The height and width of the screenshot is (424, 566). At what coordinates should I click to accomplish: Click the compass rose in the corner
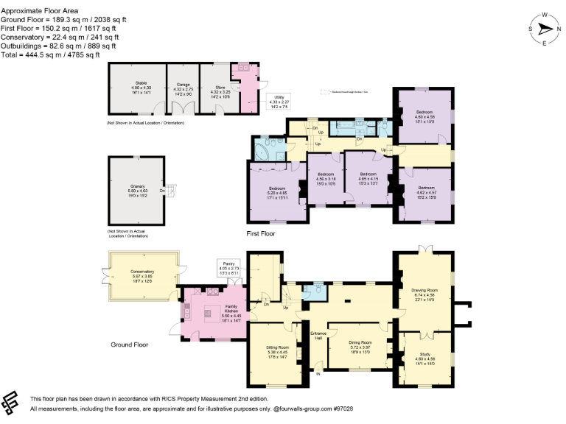(x=545, y=29)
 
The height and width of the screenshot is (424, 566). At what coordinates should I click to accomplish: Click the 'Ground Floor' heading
(x=129, y=344)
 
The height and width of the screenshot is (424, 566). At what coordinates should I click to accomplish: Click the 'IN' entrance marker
(x=319, y=374)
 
